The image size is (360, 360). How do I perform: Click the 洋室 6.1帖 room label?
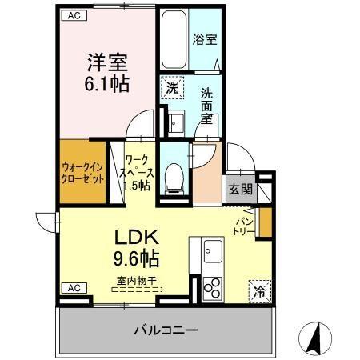[x=107, y=71]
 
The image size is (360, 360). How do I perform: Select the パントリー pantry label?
[x=245, y=226]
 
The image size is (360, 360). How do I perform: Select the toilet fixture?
[x=172, y=176]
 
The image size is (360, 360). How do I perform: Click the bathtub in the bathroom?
[x=173, y=40]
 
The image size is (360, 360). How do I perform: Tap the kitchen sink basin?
[x=212, y=249]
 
